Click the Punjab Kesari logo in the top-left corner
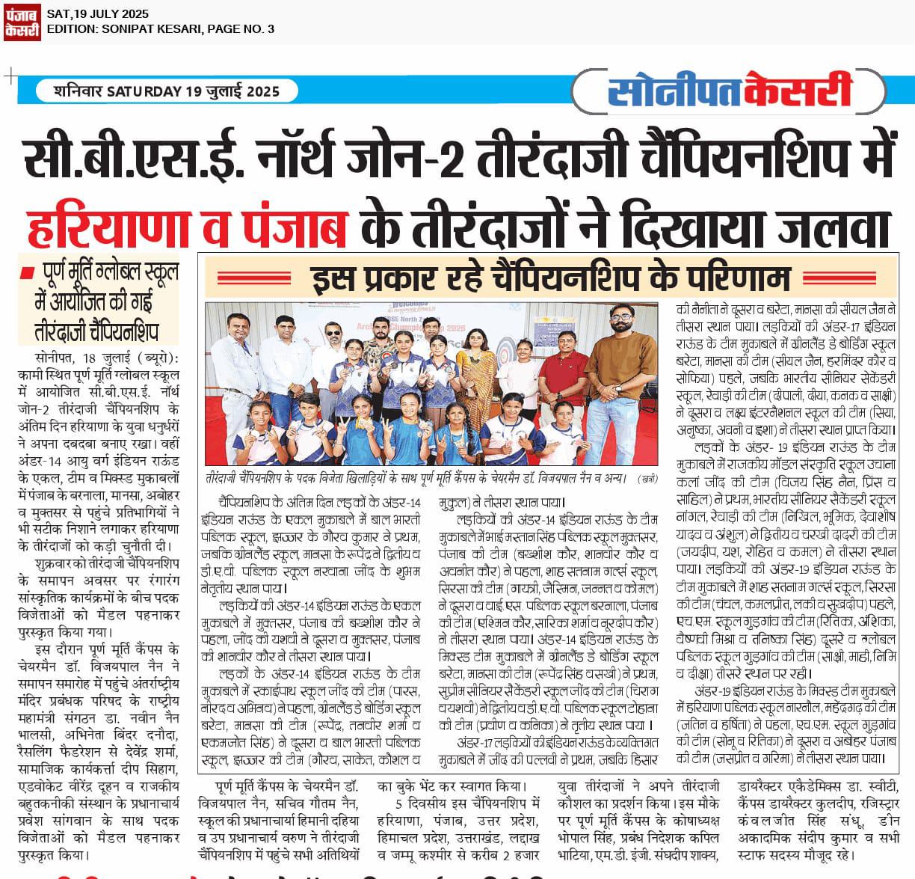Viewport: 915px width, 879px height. click(x=22, y=22)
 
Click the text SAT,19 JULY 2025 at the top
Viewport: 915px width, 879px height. click(x=97, y=13)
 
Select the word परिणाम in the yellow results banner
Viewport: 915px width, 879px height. click(x=736, y=278)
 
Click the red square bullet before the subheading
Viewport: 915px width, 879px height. click(x=28, y=271)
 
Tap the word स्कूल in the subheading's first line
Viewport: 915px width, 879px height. click(x=158, y=274)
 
